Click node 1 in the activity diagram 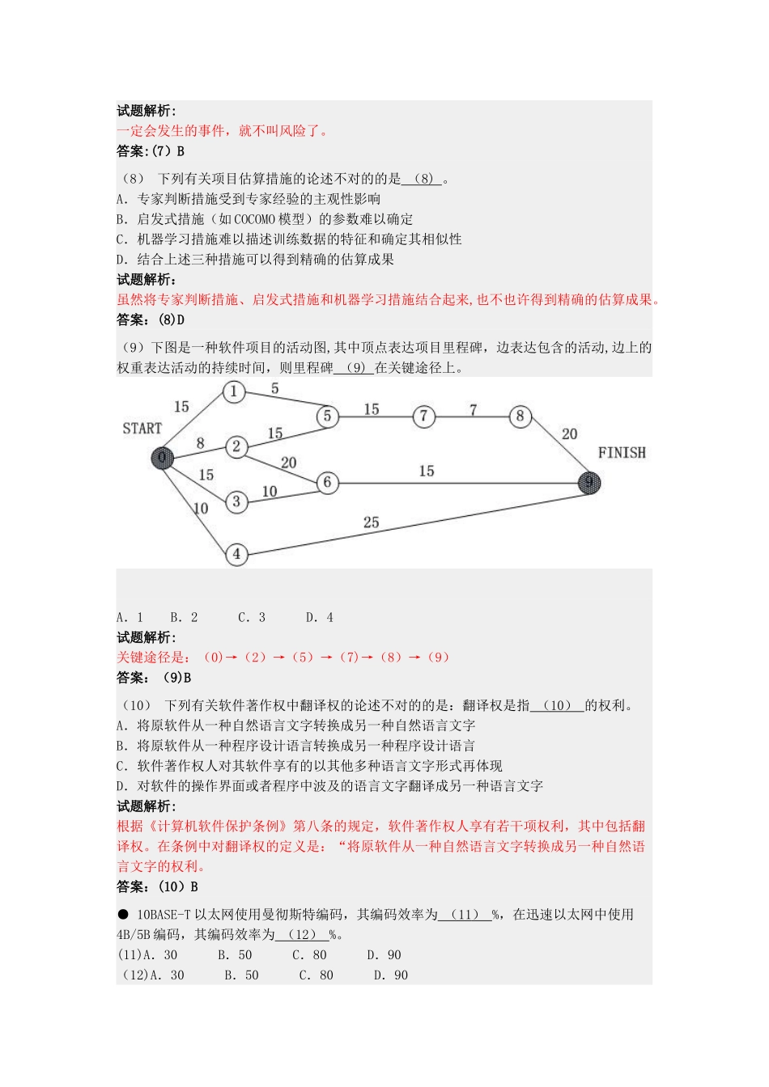point(234,392)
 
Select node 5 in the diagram point(327,416)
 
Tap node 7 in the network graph point(423,417)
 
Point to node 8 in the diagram point(520,417)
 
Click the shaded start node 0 point(162,459)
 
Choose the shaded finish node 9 point(589,483)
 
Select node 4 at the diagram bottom point(236,554)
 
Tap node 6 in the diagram point(327,483)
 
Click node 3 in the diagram point(236,502)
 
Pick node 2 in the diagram point(236,446)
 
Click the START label point(142,429)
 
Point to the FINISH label point(622,453)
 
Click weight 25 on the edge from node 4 point(371,522)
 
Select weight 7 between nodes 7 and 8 point(473,409)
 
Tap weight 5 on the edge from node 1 point(274,389)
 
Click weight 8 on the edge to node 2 point(200,443)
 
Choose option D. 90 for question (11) point(384,955)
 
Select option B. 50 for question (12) point(241,975)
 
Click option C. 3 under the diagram point(252,617)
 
